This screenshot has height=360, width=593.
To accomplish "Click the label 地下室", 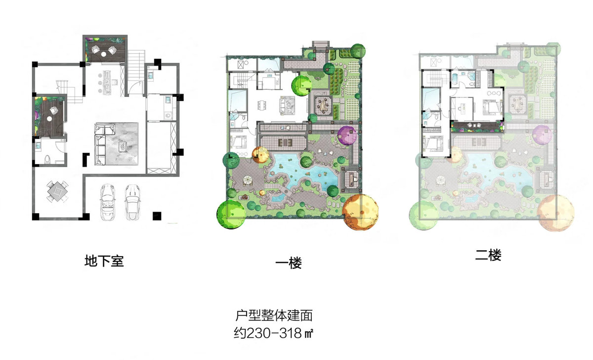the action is pos(104,261).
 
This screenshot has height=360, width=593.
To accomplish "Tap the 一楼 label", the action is pos(288,263).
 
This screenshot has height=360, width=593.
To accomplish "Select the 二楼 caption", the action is pos(488,255).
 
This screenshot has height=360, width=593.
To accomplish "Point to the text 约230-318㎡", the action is pos(273,333).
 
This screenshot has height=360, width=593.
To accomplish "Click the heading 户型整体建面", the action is pos(274,315).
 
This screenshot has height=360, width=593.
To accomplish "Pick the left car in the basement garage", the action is pos(108,202).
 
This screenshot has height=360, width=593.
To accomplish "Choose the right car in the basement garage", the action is pos(132,202).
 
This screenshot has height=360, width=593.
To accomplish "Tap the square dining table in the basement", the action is pos(57,191).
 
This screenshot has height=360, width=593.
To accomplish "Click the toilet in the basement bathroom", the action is pos(47,159).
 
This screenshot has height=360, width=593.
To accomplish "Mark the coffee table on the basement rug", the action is pos(123,146).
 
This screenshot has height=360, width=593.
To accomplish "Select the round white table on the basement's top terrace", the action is pos(103,54).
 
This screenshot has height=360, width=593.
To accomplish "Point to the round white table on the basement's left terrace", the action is pos(49,119).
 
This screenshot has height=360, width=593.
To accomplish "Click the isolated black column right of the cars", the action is pos(157,216).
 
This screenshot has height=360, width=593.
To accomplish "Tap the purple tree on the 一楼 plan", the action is pos(347,135).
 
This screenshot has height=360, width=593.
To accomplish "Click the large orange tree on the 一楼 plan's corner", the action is pos(360,212).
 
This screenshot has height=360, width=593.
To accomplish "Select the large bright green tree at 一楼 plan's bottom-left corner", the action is pos(231,214).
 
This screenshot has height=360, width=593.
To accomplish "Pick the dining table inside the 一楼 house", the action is pos(262,105).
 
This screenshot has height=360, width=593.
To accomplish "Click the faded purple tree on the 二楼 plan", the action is pos(543,135).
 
